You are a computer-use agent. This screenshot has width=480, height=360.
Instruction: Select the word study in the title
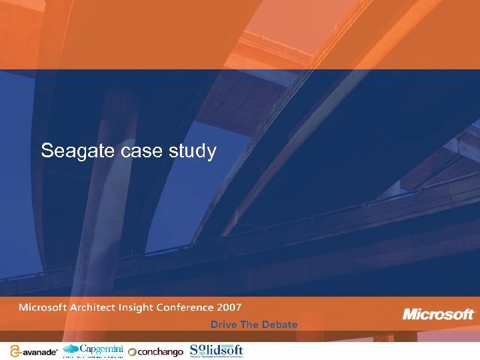click(193, 152)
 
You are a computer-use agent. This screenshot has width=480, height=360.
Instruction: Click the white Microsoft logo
click(438, 314)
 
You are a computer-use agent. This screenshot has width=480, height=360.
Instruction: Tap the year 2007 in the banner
click(229, 307)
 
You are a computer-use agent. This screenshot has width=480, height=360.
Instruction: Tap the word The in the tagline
click(249, 325)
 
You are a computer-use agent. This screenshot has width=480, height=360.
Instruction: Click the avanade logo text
click(39, 351)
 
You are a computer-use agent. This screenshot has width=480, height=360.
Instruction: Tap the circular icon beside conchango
click(132, 352)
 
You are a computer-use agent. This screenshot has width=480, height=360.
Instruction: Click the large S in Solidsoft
click(195, 349)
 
